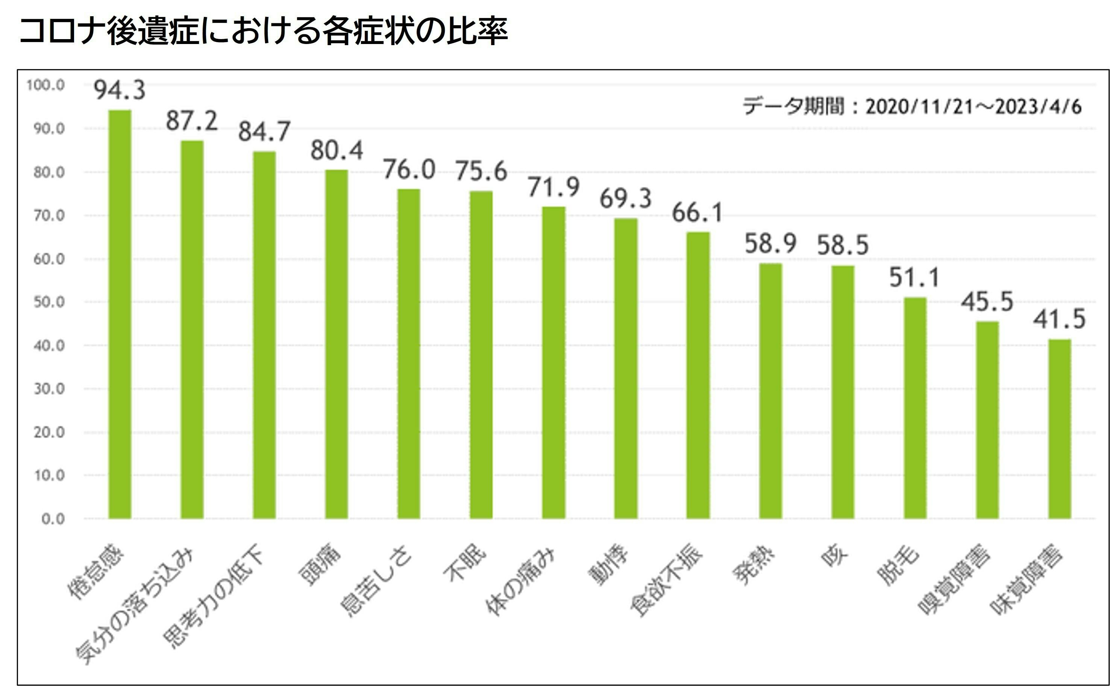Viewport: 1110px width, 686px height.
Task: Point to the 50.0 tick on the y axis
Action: click(49, 302)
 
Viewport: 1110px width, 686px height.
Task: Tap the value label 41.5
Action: click(1060, 319)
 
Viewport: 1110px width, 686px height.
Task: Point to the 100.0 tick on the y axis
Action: click(45, 85)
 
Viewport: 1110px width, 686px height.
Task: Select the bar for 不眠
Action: click(481, 354)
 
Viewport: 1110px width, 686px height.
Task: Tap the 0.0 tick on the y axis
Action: click(53, 519)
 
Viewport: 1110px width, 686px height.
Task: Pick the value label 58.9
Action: click(770, 244)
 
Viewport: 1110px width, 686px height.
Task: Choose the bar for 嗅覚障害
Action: click(987, 420)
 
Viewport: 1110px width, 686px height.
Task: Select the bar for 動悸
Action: click(626, 368)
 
